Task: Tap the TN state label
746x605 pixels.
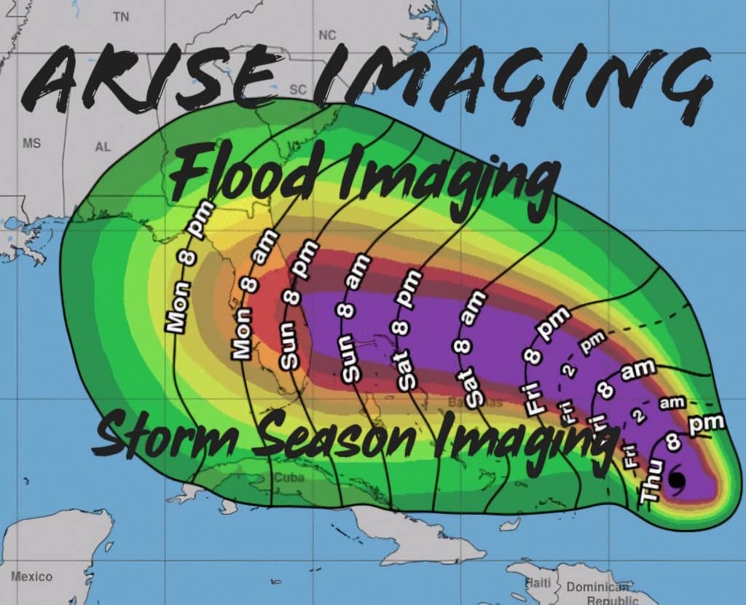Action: (x=121, y=17)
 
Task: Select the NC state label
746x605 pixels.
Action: (x=327, y=35)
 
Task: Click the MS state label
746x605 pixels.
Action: (x=31, y=143)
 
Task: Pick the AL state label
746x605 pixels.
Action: (x=103, y=147)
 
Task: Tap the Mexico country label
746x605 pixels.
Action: (x=31, y=577)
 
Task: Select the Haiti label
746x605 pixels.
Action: (x=538, y=582)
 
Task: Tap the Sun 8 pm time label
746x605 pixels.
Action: (x=297, y=313)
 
